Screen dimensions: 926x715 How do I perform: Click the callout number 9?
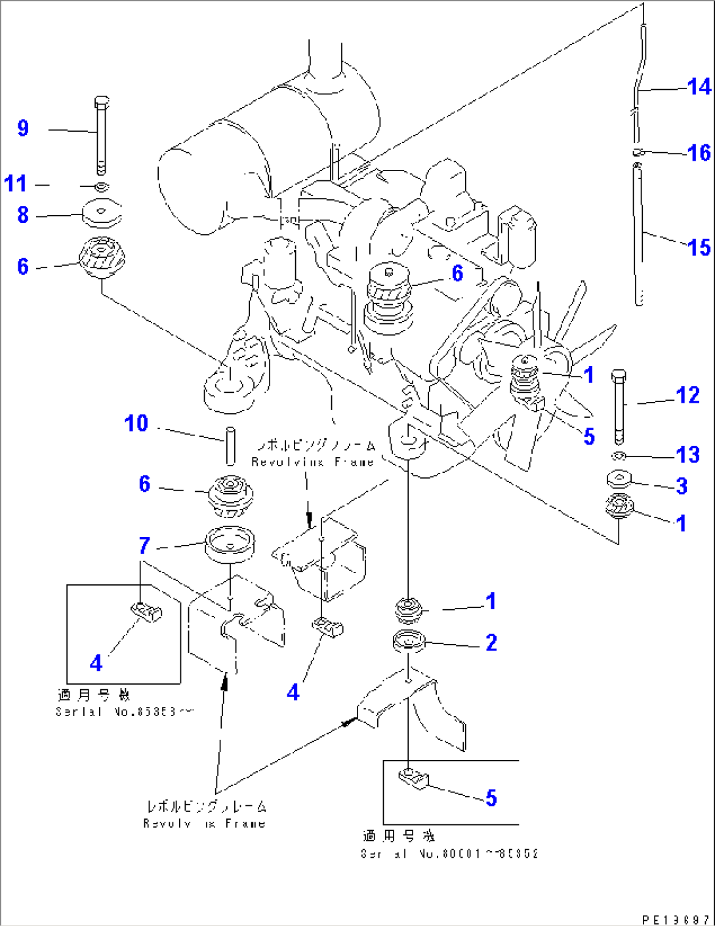(x=23, y=128)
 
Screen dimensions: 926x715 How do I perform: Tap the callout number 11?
(x=16, y=184)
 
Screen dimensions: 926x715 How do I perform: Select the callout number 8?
(x=23, y=214)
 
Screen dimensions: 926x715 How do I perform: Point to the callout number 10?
(x=136, y=423)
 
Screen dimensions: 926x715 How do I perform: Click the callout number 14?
(x=699, y=87)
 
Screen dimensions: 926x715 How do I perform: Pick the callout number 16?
(x=699, y=153)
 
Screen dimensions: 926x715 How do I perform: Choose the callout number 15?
(x=699, y=247)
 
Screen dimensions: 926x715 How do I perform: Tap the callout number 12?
(x=687, y=395)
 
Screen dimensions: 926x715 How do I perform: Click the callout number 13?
(x=687, y=454)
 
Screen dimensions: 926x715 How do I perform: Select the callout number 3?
(x=682, y=486)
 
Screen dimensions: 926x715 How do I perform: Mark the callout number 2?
(x=491, y=643)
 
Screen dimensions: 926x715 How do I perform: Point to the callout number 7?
(x=144, y=545)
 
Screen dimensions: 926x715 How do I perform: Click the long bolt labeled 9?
(x=100, y=138)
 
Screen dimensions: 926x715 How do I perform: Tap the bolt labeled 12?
(x=619, y=407)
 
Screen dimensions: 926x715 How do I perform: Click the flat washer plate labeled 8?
(x=102, y=212)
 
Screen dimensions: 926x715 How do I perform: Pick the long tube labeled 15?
(x=638, y=236)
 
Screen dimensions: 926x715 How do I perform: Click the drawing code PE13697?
(x=676, y=919)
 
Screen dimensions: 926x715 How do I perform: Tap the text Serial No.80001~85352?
(x=449, y=853)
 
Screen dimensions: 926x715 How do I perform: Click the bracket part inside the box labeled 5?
(x=413, y=778)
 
